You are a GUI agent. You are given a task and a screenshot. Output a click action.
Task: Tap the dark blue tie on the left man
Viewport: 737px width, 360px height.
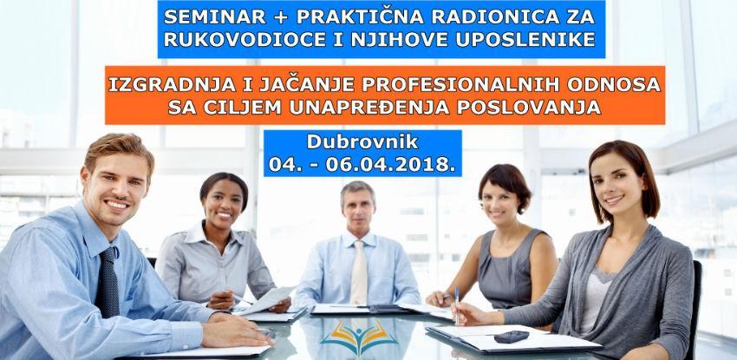[108, 282]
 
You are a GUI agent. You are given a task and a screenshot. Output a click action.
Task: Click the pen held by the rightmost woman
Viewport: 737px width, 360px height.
[457, 305]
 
